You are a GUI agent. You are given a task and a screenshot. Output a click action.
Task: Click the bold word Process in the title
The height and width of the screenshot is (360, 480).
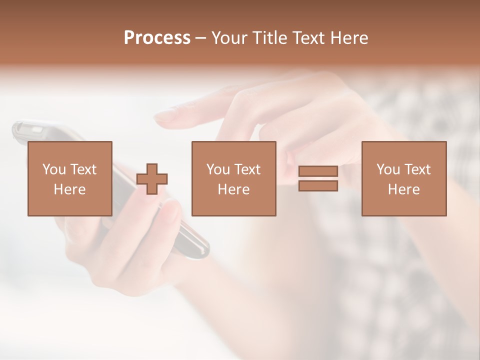(x=157, y=38)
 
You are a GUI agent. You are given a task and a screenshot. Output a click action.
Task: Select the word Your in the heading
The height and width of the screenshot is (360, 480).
(x=230, y=38)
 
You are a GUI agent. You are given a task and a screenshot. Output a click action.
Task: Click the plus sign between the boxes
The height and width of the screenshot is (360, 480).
(x=152, y=179)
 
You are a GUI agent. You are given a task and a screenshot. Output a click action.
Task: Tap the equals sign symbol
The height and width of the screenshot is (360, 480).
(x=318, y=178)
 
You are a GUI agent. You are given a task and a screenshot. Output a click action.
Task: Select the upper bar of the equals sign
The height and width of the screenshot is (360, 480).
(x=318, y=171)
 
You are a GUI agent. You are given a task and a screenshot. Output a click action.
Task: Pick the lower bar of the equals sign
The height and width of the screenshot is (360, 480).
(x=318, y=185)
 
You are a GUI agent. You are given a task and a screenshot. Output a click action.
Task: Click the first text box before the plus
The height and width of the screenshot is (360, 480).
(x=69, y=178)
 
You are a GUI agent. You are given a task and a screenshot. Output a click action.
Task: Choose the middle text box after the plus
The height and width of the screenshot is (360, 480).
(x=233, y=178)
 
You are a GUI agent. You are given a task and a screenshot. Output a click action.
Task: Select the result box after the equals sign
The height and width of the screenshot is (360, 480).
(x=403, y=178)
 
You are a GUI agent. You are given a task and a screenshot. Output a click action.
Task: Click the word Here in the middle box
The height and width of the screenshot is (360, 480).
(x=233, y=189)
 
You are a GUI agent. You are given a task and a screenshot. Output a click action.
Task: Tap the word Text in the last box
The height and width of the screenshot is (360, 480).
(x=416, y=169)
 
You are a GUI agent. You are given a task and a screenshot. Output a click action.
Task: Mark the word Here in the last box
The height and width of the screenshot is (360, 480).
(x=403, y=189)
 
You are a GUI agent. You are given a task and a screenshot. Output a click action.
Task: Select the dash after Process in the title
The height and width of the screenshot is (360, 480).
(x=201, y=38)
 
